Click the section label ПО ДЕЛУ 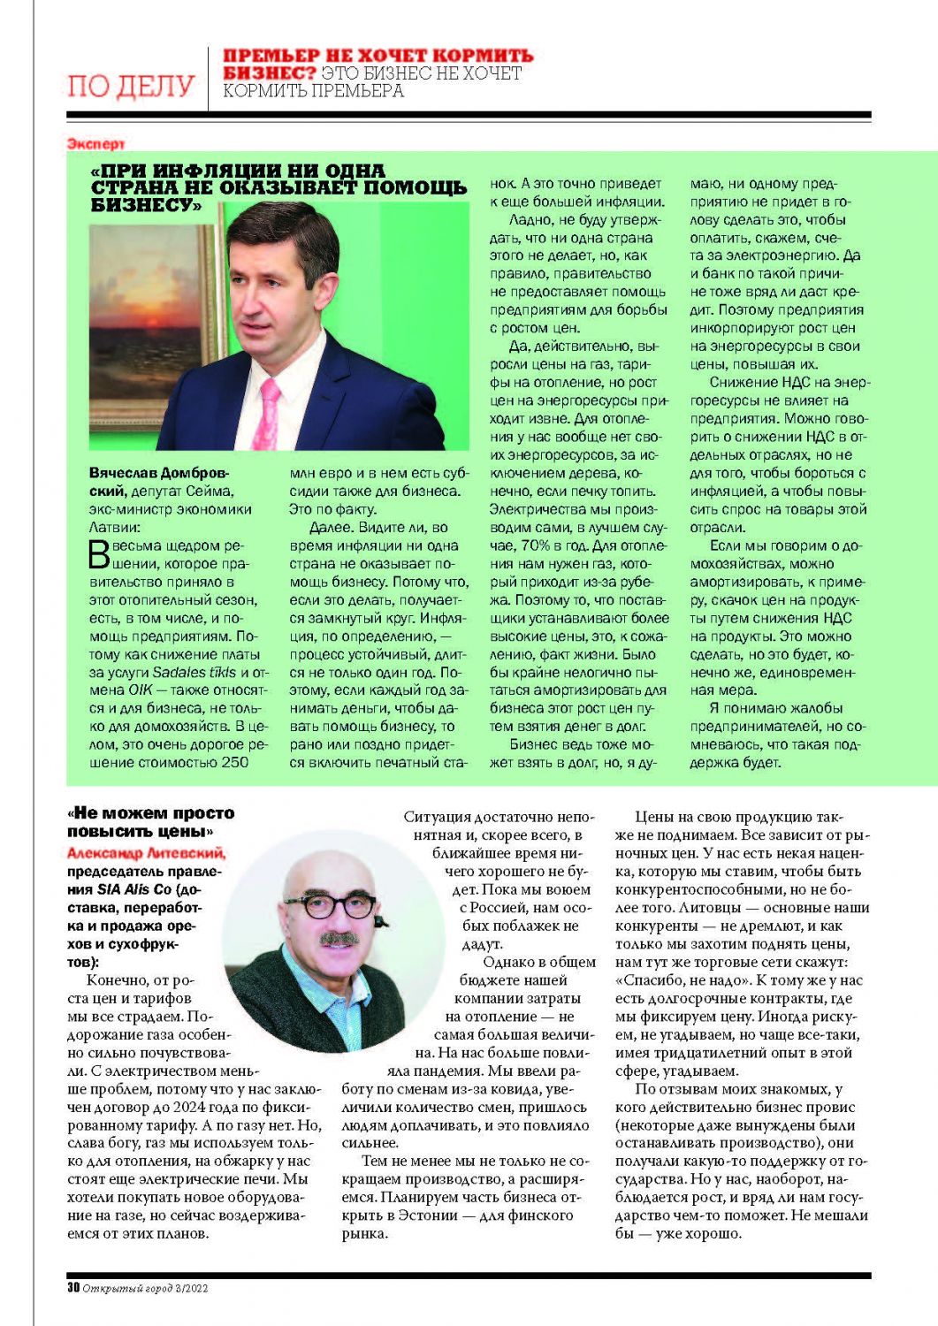[131, 86]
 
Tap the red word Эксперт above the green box [95, 143]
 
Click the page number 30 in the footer [73, 1288]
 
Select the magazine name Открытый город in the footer [133, 1288]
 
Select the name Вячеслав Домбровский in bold [159, 482]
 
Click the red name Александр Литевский [146, 853]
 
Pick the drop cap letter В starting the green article [99, 554]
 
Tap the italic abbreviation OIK [141, 690]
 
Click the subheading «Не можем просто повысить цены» [150, 821]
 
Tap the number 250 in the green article [234, 762]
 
